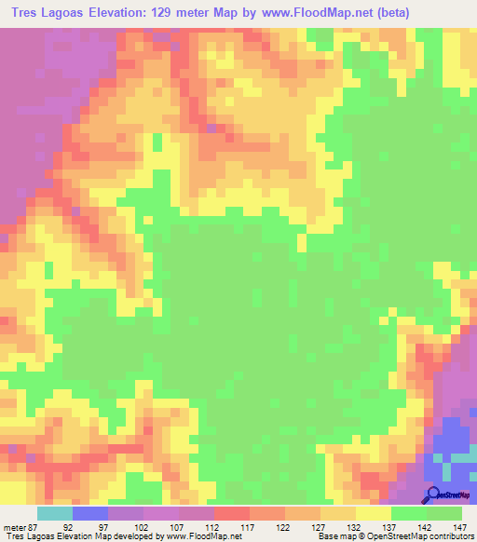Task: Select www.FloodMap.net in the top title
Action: coord(319,12)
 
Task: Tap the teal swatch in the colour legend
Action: coord(55,513)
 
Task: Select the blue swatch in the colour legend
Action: coord(90,513)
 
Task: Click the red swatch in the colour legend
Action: coord(232,513)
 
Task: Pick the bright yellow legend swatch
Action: coord(374,513)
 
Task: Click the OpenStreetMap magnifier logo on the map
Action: coord(434,494)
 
